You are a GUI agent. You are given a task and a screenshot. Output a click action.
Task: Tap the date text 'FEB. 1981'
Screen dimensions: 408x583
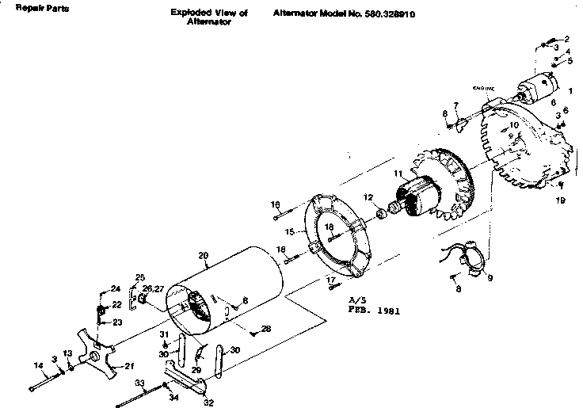click(x=374, y=311)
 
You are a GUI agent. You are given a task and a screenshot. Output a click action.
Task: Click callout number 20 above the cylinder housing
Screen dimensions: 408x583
click(x=203, y=255)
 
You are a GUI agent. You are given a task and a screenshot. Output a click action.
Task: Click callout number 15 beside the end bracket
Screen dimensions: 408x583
click(x=289, y=231)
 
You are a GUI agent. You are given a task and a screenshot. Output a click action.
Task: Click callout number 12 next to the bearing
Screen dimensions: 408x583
click(x=368, y=196)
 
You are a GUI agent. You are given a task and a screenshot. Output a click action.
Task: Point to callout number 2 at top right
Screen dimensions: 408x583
click(x=566, y=39)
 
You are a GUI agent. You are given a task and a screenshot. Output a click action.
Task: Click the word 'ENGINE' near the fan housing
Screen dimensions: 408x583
click(x=483, y=88)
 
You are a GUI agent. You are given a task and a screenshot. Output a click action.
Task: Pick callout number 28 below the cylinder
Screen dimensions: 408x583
click(x=266, y=329)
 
